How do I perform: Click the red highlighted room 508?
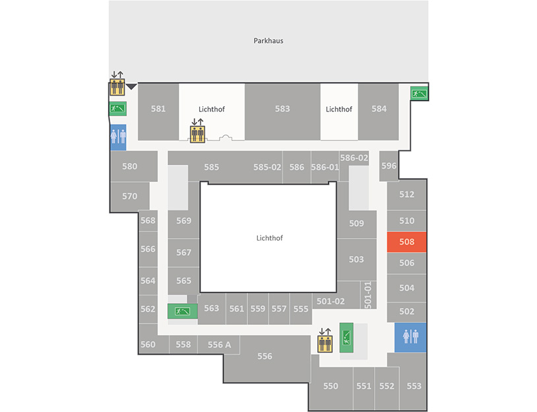click(406, 242)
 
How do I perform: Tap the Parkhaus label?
click(268, 41)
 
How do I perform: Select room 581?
click(158, 111)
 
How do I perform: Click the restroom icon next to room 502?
click(410, 338)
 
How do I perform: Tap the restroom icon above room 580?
click(118, 137)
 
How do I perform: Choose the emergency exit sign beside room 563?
click(183, 311)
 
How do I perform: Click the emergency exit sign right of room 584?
click(419, 93)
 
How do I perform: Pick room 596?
click(389, 166)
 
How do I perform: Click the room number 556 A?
click(219, 345)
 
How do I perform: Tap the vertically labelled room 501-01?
click(368, 295)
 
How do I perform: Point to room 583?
click(282, 111)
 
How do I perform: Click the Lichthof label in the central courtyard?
click(270, 238)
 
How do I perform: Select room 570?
click(130, 196)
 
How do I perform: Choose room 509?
click(356, 223)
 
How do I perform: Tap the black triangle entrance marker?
click(131, 86)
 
